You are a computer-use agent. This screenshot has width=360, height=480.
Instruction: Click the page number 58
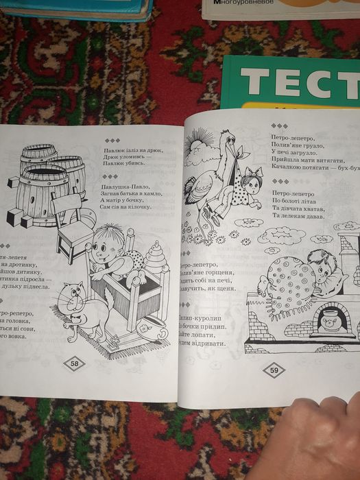tap(74, 363)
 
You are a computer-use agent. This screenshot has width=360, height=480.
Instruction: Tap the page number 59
tap(274, 370)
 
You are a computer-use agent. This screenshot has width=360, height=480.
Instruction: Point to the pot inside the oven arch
tap(331, 322)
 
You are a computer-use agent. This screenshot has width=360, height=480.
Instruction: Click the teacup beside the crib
tap(145, 329)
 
